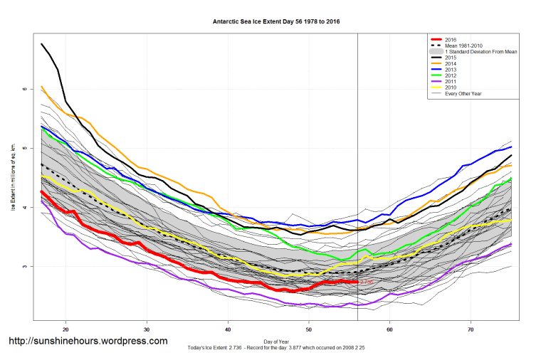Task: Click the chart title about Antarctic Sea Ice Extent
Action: (277, 21)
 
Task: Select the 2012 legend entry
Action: (450, 76)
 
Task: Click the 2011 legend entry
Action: (450, 82)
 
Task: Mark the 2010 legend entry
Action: (450, 88)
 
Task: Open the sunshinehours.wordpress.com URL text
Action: (88, 341)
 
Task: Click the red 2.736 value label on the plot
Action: (366, 282)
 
